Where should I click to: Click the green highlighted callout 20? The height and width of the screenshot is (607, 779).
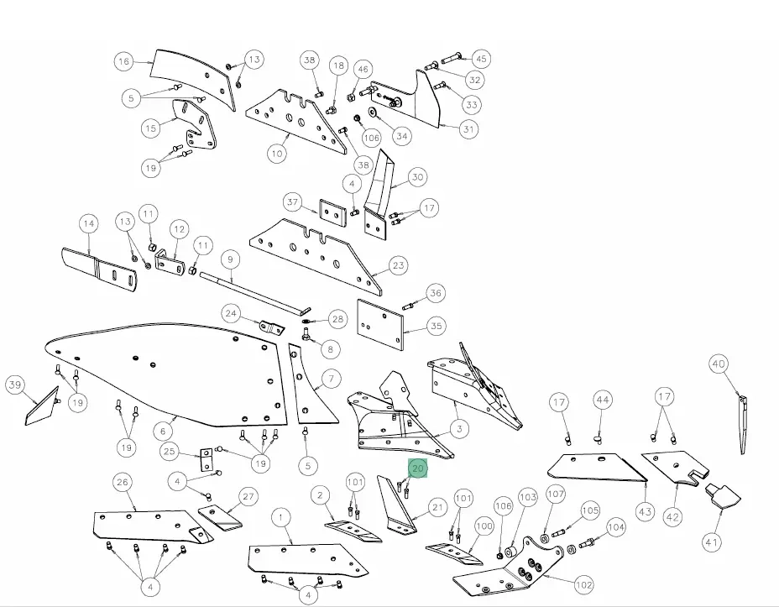click(x=418, y=468)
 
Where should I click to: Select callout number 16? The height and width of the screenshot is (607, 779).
click(x=123, y=61)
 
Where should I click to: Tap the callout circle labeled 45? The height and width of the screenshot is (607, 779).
click(x=481, y=59)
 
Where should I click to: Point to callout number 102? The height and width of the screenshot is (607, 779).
click(x=583, y=584)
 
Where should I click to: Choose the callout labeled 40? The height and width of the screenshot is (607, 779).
click(x=719, y=364)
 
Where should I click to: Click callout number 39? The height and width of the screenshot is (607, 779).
click(x=15, y=385)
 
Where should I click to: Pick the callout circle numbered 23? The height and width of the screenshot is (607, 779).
click(x=399, y=265)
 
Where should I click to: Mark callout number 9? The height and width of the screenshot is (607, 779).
click(x=230, y=259)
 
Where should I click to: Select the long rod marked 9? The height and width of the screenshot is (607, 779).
click(x=254, y=293)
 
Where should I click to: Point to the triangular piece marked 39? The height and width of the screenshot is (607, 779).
click(x=42, y=407)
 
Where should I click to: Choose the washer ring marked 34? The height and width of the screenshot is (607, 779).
click(x=373, y=110)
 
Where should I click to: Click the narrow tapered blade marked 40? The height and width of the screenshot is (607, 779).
click(x=743, y=425)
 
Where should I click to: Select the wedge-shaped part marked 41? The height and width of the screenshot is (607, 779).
click(x=723, y=495)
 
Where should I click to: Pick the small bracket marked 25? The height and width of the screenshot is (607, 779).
click(x=207, y=459)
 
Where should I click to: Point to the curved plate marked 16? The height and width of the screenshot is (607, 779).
click(x=194, y=77)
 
